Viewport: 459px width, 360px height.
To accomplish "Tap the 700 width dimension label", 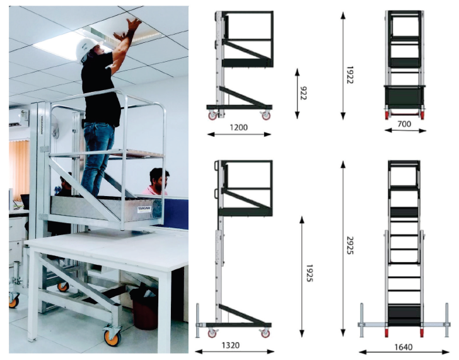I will tap(404, 124).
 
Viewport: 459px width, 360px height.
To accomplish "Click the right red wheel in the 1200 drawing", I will tap(265, 115).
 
